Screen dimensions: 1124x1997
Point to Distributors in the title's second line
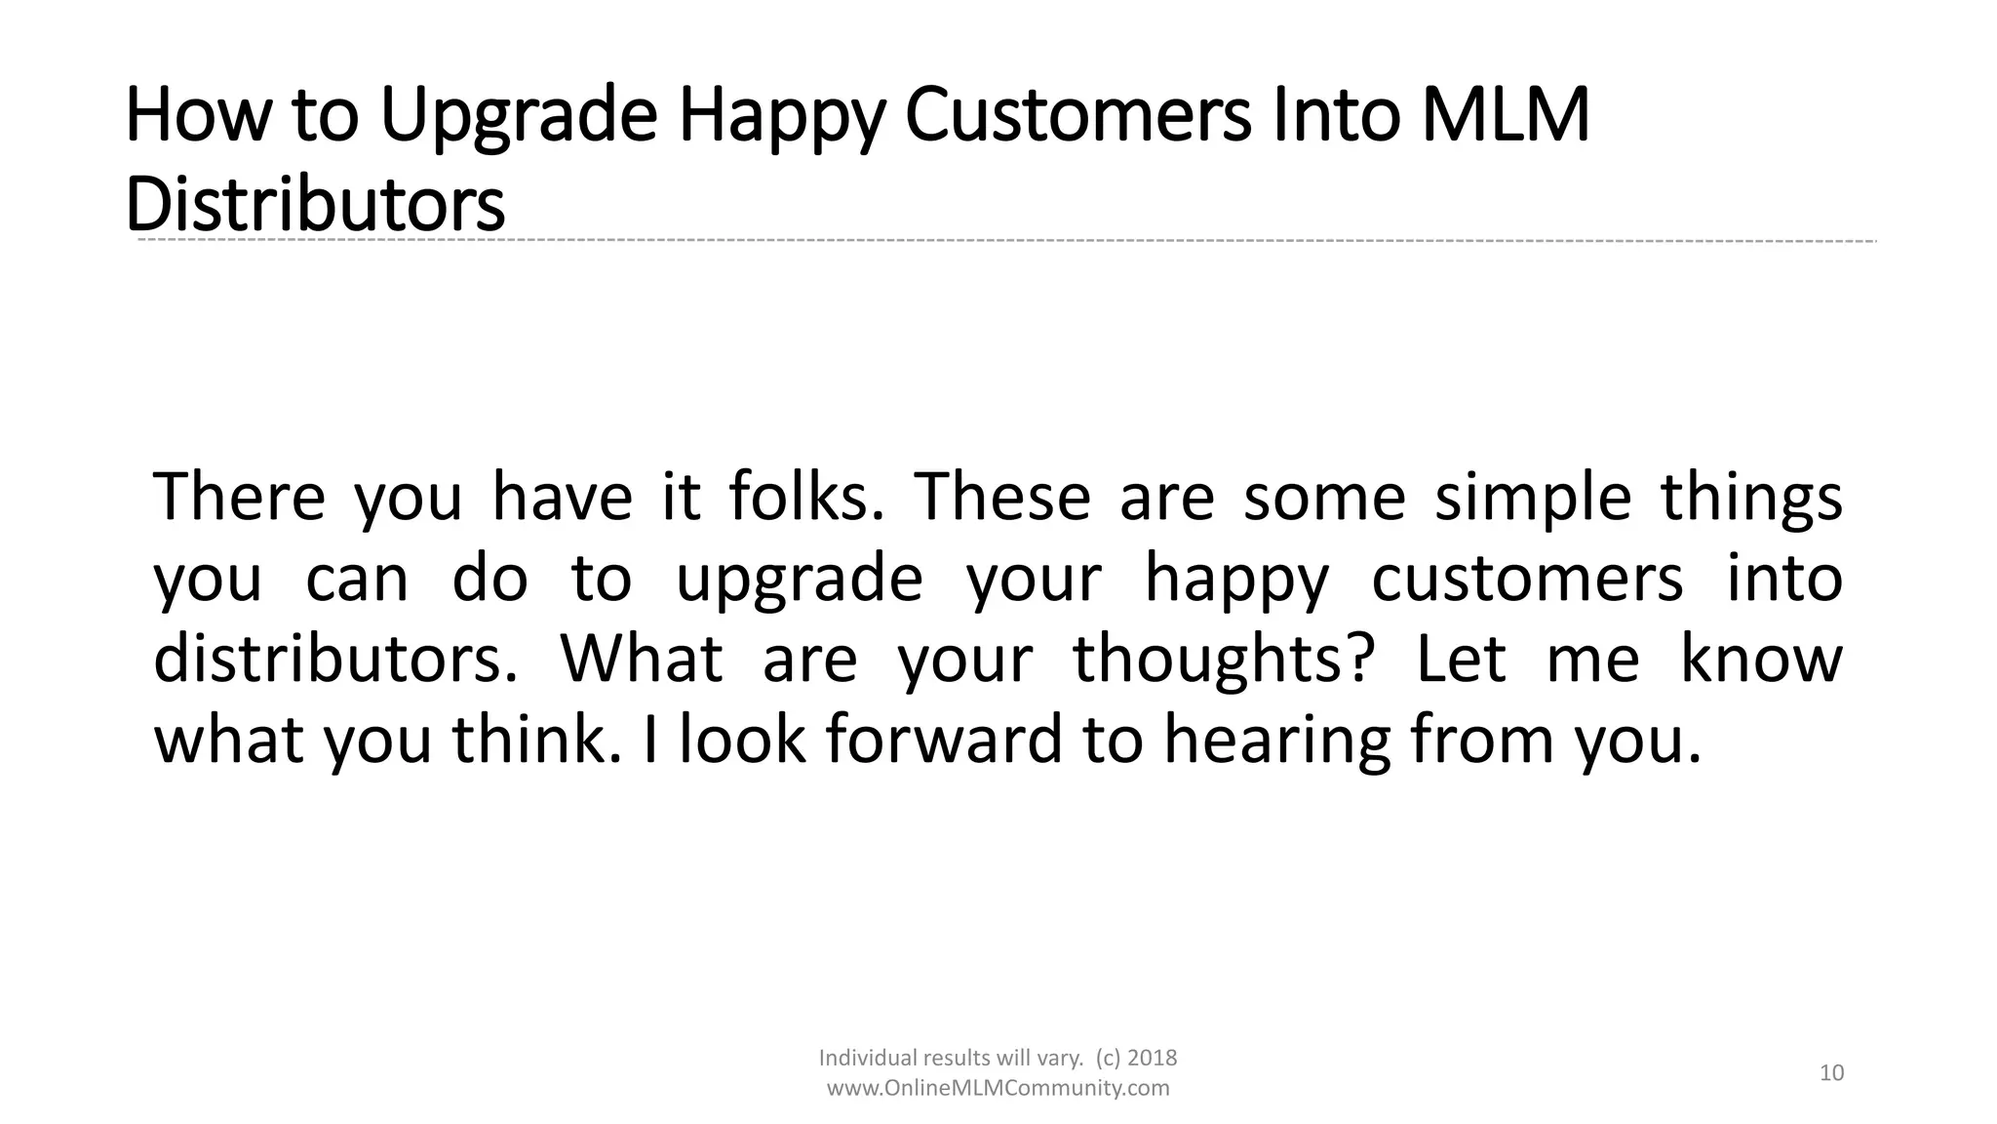(x=315, y=204)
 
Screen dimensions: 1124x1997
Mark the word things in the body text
(x=1751, y=498)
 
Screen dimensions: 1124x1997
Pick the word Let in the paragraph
(x=1460, y=659)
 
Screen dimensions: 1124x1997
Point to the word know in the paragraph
(x=1761, y=659)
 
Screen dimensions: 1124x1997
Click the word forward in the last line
(x=943, y=739)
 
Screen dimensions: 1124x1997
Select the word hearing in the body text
(x=1276, y=741)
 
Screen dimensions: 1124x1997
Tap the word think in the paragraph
(x=535, y=739)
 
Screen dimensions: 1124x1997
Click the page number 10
(x=1832, y=1073)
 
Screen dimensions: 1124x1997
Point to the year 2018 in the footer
(x=1152, y=1058)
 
